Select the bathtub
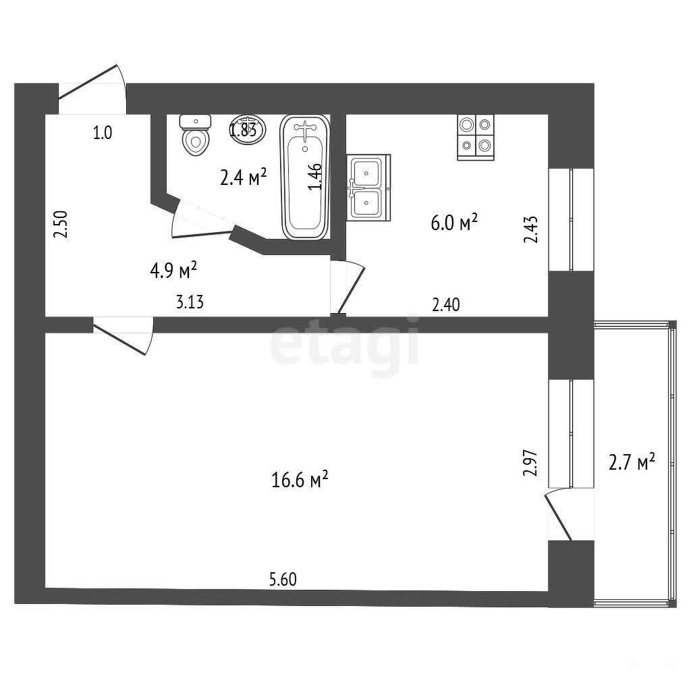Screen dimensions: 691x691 coord(305,177)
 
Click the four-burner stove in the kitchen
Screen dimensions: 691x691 coord(476,137)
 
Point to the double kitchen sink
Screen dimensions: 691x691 coord(368,188)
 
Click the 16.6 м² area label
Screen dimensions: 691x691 coord(300,479)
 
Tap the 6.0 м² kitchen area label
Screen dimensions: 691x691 coord(454,223)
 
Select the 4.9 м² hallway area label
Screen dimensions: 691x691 coord(173,270)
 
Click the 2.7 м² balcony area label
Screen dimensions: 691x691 coord(632,462)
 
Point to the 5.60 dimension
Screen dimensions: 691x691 coord(283,579)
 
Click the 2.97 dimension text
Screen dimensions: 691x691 coord(530,462)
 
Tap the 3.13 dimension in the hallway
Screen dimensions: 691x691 coord(190,302)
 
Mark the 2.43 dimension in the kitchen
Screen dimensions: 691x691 coord(530,229)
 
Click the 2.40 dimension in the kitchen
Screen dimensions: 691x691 coord(445,304)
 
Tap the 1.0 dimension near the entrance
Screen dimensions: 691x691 coord(103,133)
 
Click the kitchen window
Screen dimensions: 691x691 coord(571,219)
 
